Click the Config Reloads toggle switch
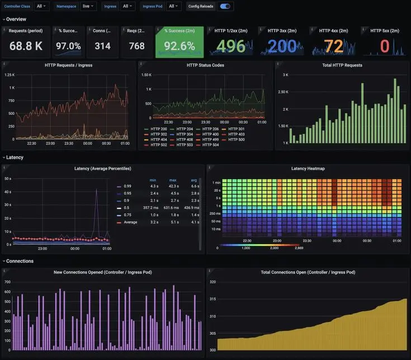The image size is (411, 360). point(225,6)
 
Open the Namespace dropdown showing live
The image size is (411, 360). point(88,6)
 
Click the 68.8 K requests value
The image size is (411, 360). point(26,46)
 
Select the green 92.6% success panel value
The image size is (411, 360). point(179,46)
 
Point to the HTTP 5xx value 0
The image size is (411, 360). point(384,46)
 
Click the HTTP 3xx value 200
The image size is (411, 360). point(282,46)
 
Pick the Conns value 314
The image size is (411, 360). point(102,46)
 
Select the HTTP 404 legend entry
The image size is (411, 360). point(158,140)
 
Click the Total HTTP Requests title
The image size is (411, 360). point(342,65)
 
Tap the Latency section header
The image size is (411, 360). point(15,158)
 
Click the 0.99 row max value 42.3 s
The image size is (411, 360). point(173,186)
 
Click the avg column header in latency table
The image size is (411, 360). point(193,180)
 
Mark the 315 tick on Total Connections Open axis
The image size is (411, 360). point(212,299)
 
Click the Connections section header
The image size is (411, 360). point(20,261)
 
